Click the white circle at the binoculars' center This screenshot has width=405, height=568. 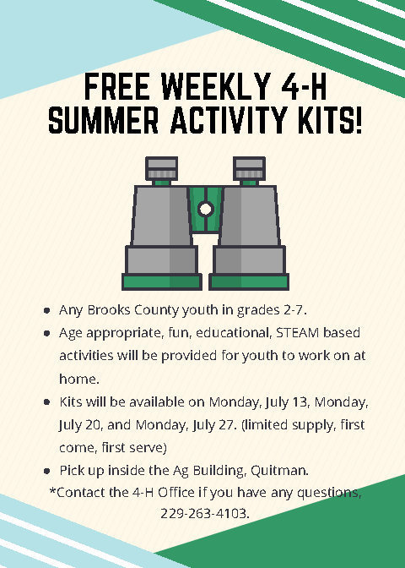(205, 208)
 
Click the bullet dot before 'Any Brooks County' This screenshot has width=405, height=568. (47, 311)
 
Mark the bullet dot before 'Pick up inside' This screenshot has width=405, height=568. (47, 470)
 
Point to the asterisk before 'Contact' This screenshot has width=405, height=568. (52, 491)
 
